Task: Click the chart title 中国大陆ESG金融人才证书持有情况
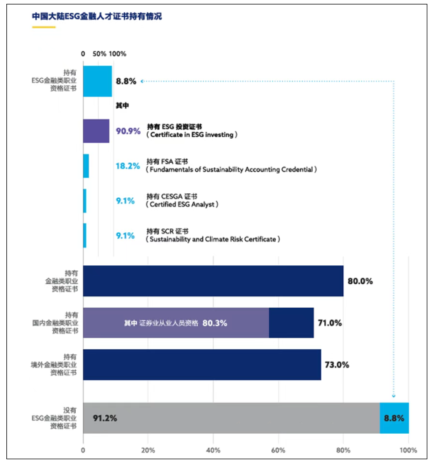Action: [97, 17]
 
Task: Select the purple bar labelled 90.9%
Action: [96, 131]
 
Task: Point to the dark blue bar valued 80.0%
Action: [213, 281]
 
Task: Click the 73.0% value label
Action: [338, 365]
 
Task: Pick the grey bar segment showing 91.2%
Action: [231, 418]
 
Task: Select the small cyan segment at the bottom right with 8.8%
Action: [394, 418]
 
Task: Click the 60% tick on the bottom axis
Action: [278, 450]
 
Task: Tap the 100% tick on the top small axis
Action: [117, 54]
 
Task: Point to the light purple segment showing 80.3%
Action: [176, 323]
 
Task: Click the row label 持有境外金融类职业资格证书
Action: [62, 365]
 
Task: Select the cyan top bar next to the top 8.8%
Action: [97, 81]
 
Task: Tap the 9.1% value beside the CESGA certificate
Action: [125, 200]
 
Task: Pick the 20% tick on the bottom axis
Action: [148, 450]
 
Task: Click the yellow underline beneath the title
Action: [43, 27]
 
